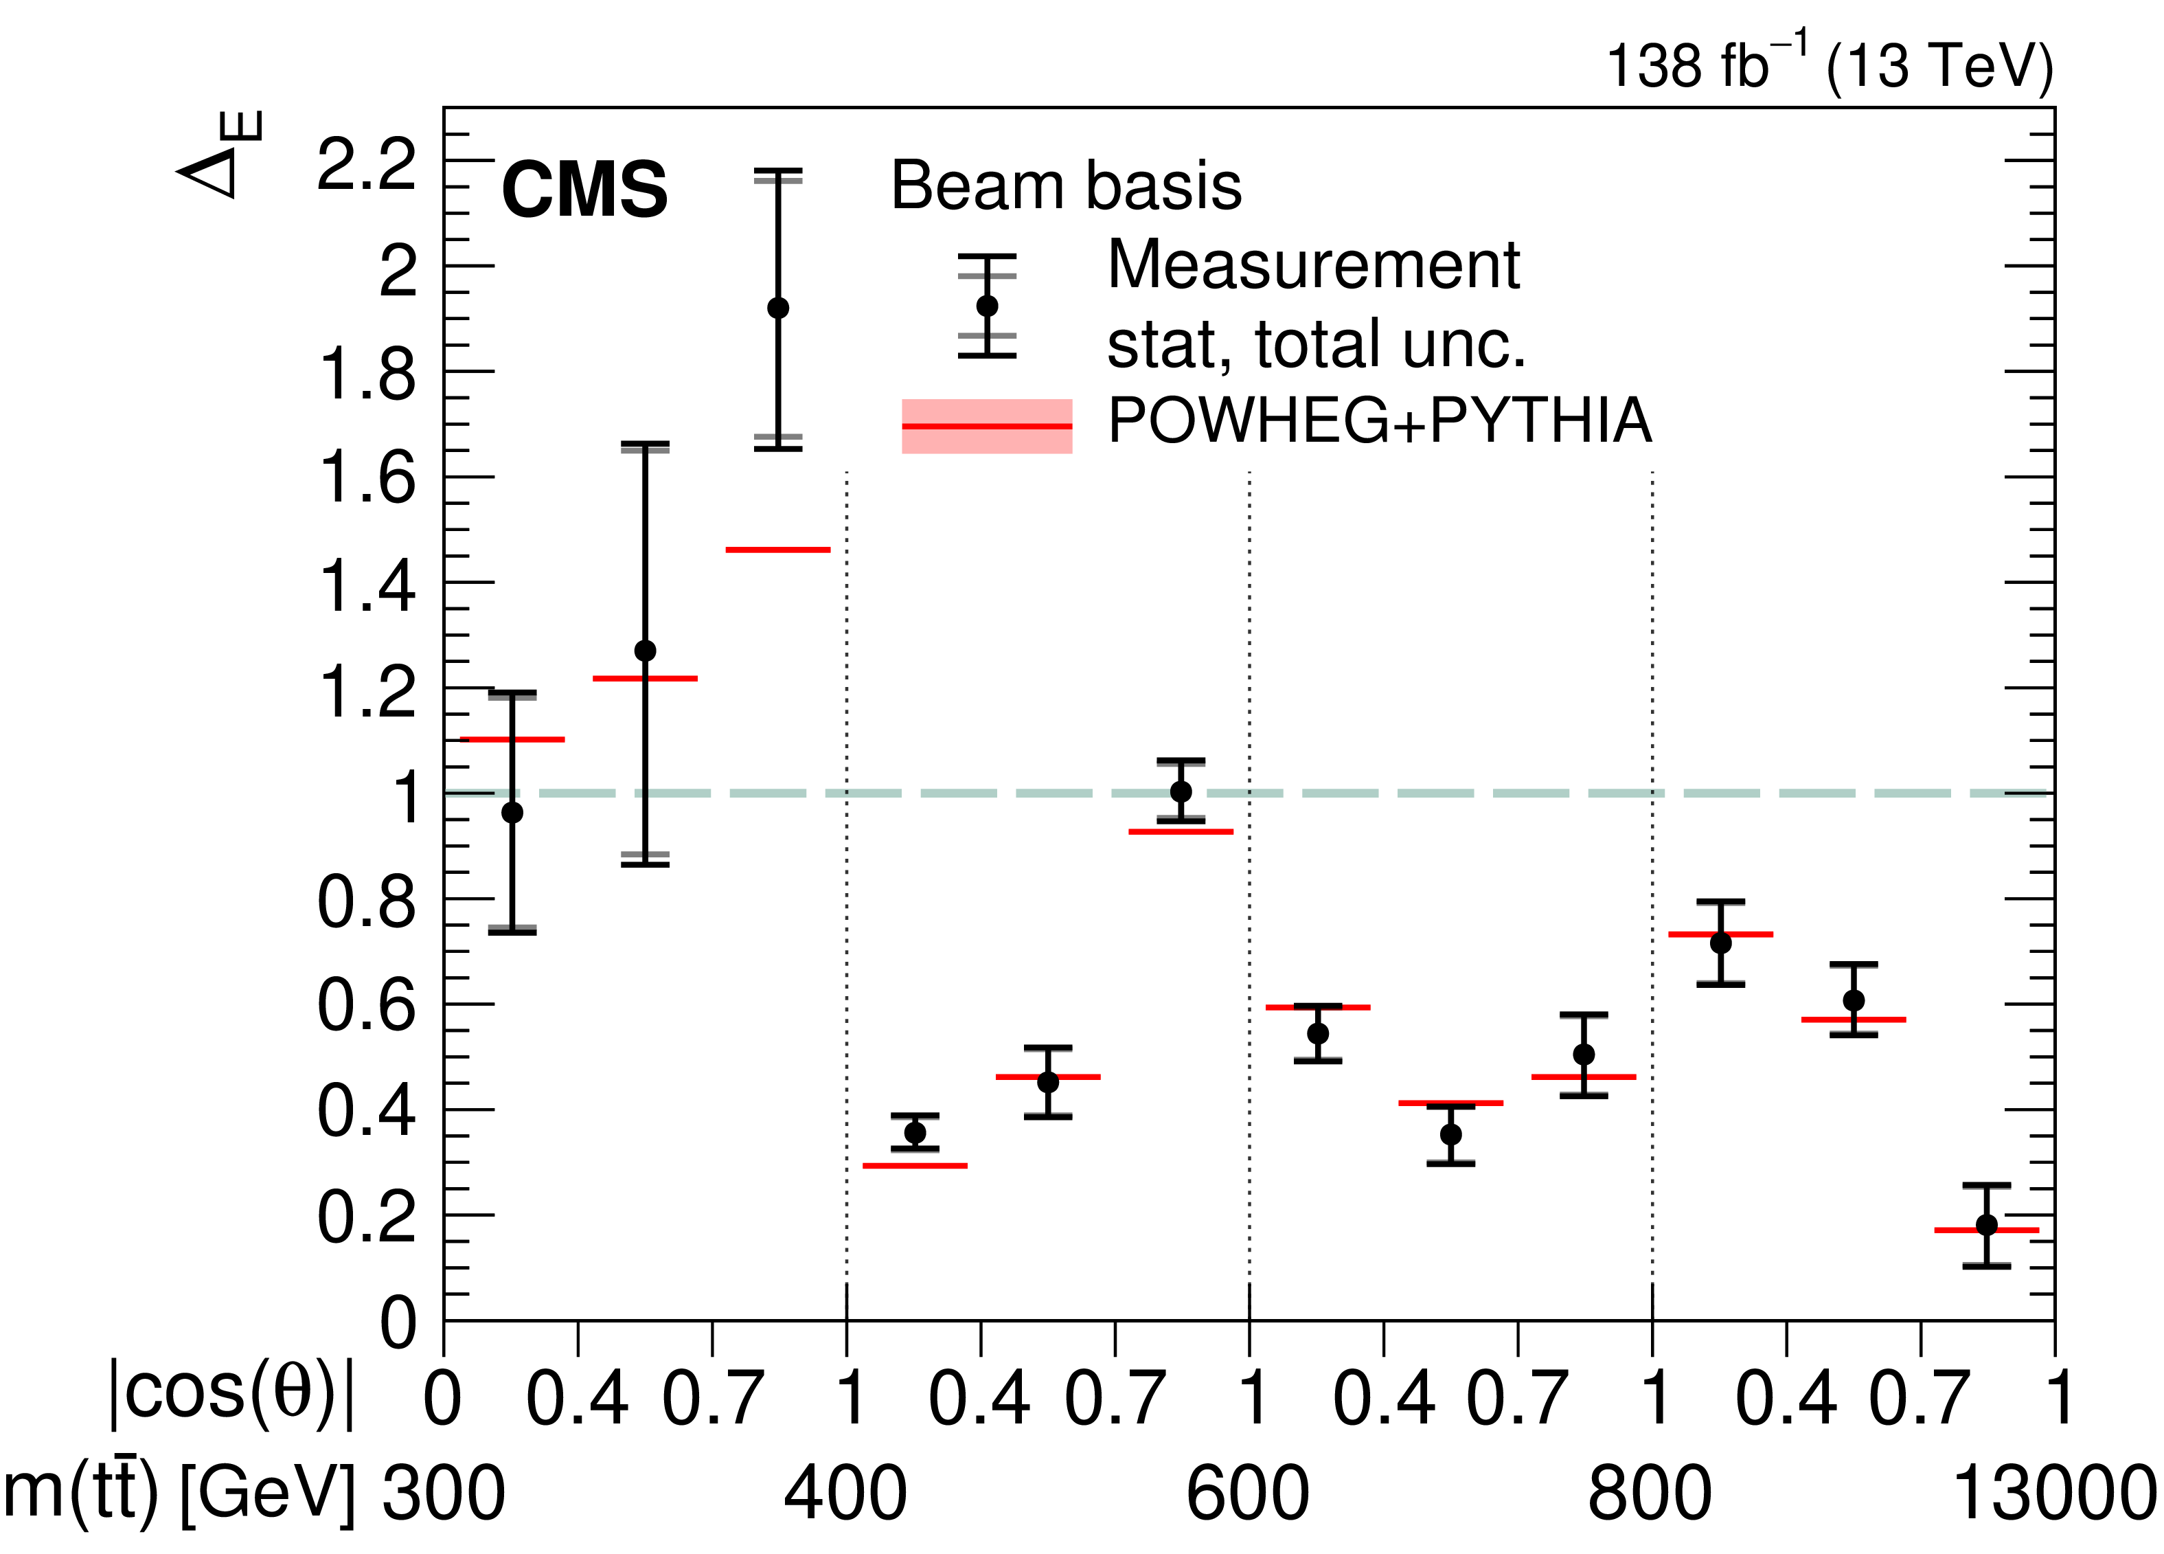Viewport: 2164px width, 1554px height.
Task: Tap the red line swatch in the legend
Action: [x=987, y=426]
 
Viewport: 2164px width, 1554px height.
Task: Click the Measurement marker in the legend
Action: [x=987, y=306]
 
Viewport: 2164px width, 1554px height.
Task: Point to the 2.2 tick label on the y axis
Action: [x=367, y=164]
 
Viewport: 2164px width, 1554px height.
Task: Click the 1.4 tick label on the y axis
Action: [x=367, y=585]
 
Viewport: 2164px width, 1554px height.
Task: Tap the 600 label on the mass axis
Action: [x=1247, y=1493]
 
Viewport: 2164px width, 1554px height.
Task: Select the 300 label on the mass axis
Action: [x=443, y=1493]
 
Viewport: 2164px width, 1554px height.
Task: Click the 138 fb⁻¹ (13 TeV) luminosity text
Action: [x=1829, y=64]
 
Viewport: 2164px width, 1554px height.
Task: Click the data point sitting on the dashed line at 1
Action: [x=1181, y=791]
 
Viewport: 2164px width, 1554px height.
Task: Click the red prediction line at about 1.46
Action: [x=777, y=550]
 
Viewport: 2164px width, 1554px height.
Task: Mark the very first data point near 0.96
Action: [x=512, y=812]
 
